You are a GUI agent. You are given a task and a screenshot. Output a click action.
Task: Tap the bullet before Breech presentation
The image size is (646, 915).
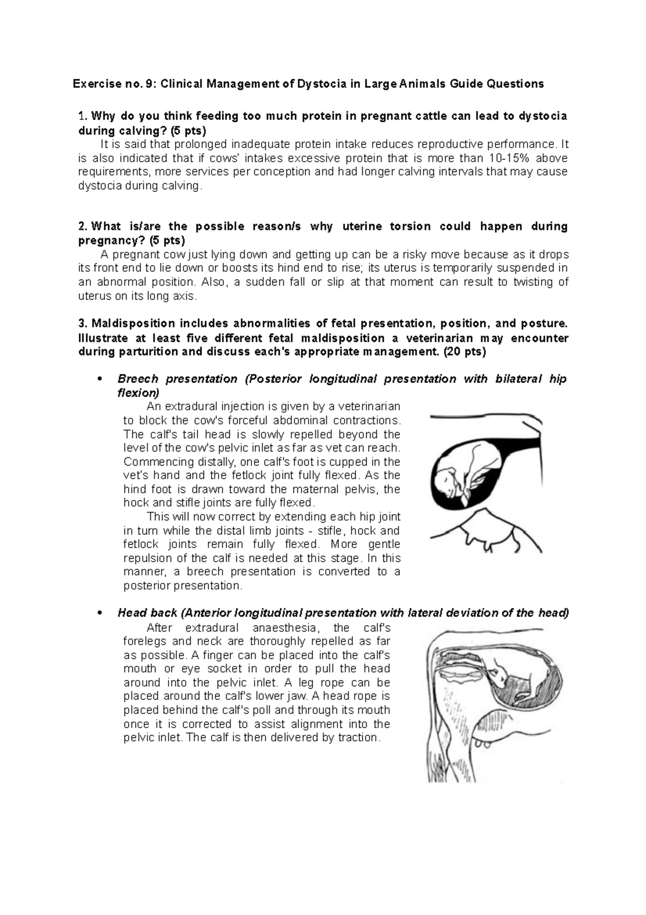click(98, 379)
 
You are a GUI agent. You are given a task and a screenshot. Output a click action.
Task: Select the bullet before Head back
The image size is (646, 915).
click(98, 613)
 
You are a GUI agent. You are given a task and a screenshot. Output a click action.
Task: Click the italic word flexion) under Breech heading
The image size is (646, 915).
click(138, 393)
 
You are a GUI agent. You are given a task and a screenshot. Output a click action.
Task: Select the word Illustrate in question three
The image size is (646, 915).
click(103, 338)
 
